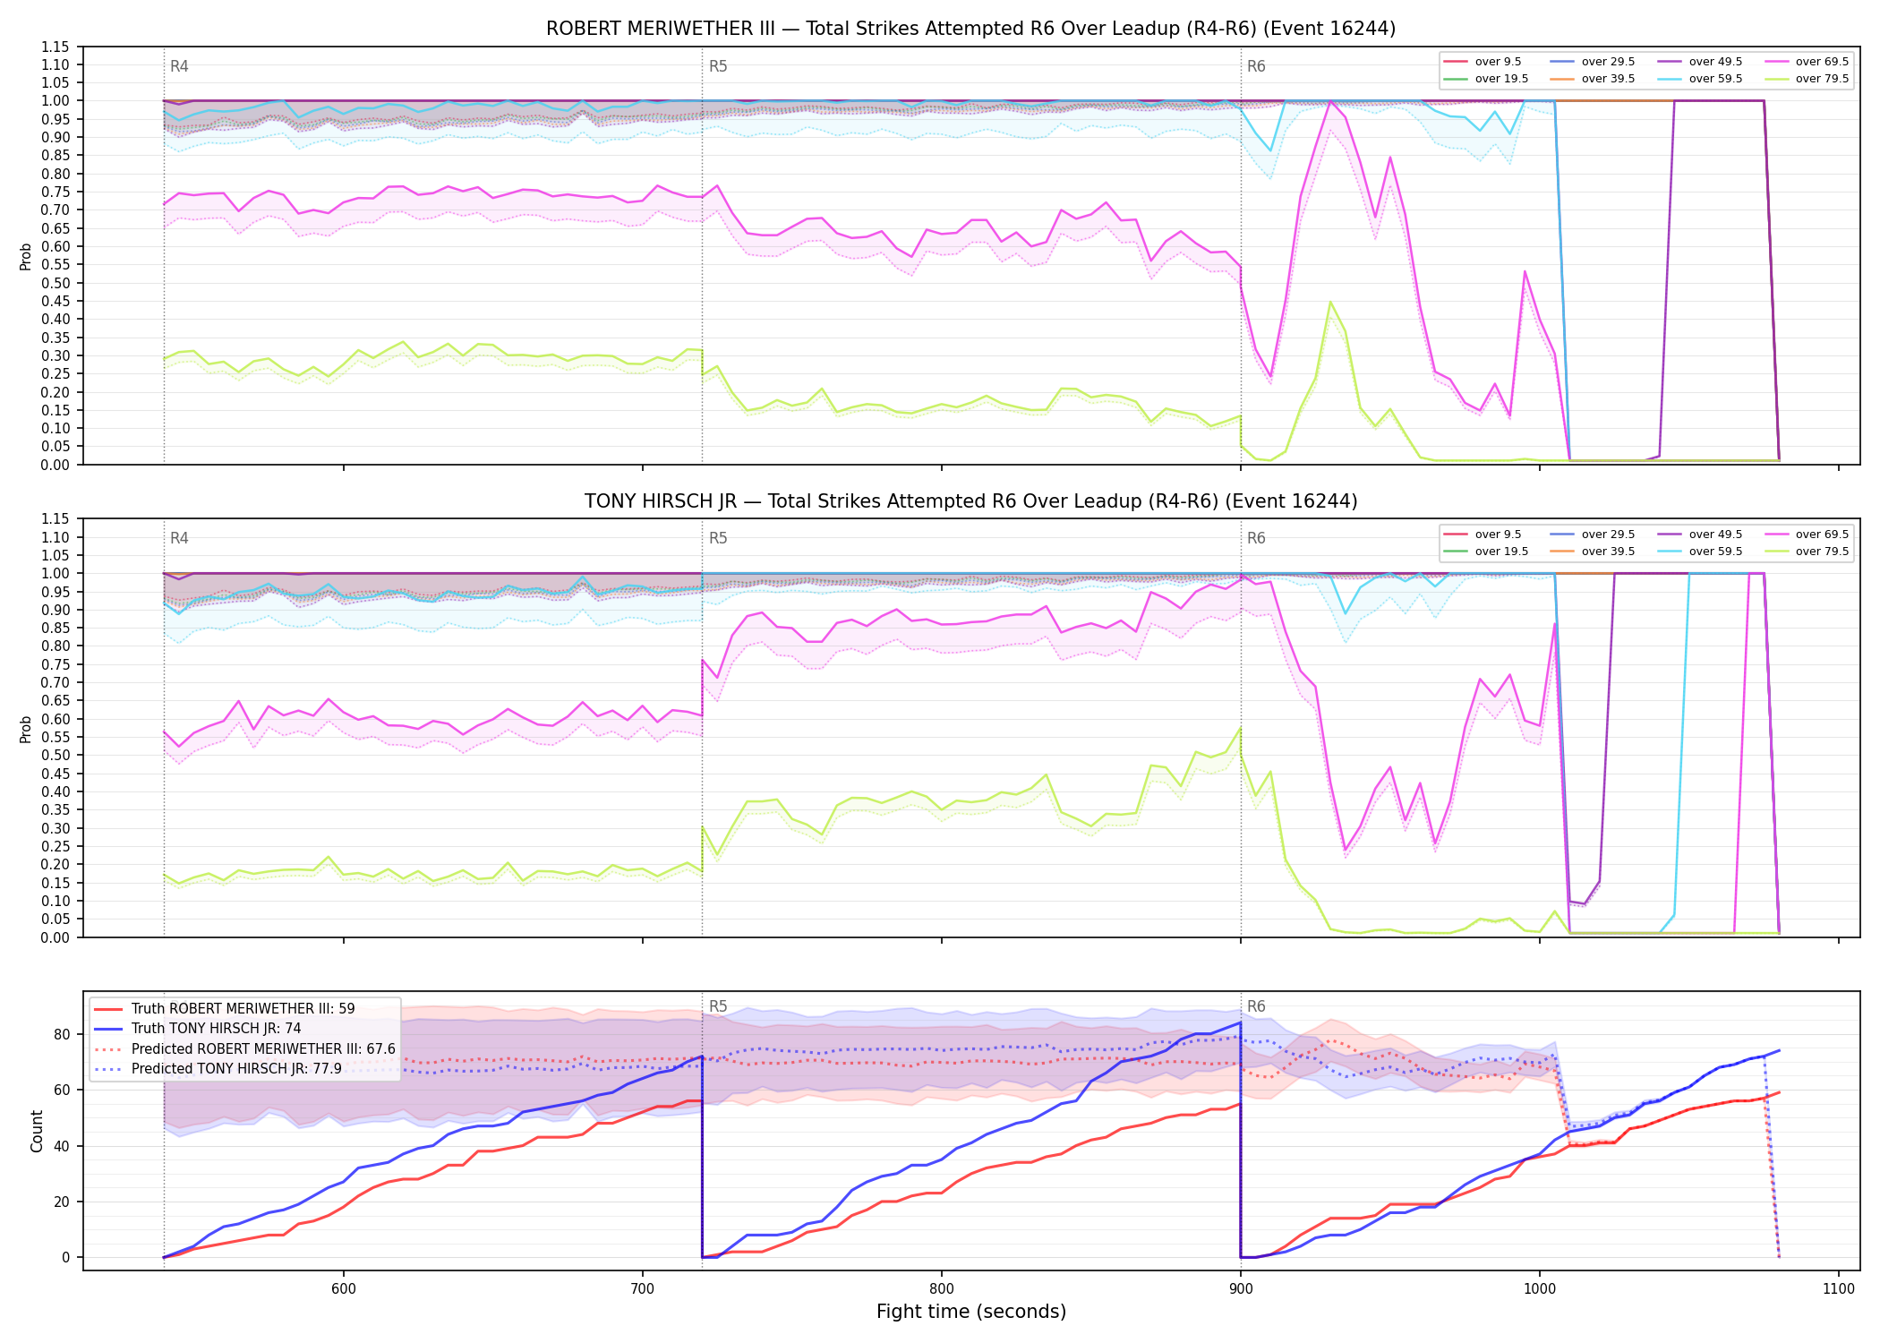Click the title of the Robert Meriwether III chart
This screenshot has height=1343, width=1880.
click(x=970, y=29)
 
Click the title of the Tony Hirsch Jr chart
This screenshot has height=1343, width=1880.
click(x=970, y=501)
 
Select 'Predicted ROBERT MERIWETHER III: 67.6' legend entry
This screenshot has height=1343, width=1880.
click(x=244, y=1048)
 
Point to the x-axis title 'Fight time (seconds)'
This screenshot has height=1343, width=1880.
click(x=971, y=1312)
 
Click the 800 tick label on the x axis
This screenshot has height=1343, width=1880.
click(x=942, y=1288)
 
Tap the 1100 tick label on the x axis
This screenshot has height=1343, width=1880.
click(x=1839, y=1288)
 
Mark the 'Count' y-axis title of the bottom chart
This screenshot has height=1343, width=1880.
click(x=37, y=1131)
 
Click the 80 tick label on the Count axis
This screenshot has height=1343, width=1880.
click(x=62, y=1034)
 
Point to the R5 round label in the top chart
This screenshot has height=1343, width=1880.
click(x=718, y=66)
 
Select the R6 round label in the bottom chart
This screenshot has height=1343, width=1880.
click(x=1256, y=1006)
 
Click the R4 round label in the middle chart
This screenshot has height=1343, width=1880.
click(x=179, y=538)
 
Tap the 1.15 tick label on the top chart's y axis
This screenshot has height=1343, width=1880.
click(x=56, y=47)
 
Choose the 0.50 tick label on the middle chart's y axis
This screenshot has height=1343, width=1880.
click(x=56, y=755)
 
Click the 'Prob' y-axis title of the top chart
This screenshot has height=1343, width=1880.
click(x=26, y=256)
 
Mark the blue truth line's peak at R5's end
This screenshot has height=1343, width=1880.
click(x=1240, y=1022)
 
